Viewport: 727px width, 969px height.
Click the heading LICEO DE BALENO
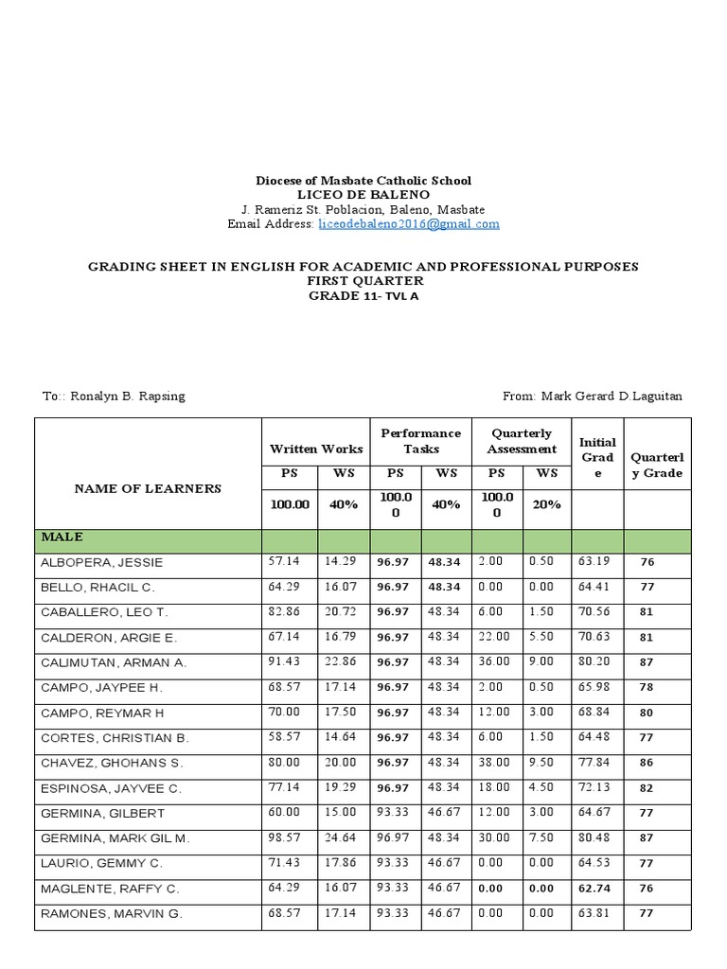[x=363, y=194]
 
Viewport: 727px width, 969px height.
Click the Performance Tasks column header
[x=420, y=441]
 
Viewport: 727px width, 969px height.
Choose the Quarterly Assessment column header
[x=522, y=441]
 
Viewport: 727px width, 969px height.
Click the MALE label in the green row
[x=62, y=537]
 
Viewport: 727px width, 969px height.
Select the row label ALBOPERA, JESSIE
[x=102, y=562]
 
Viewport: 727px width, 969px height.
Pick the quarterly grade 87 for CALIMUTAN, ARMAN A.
[x=647, y=663]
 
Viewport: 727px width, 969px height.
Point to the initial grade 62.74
[x=594, y=889]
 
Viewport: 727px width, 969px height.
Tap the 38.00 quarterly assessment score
[x=495, y=763]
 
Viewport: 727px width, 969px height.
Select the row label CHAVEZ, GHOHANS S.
[x=112, y=763]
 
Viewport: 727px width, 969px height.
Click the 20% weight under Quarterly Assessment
[x=546, y=504]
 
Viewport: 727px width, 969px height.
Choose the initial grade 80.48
[x=594, y=838]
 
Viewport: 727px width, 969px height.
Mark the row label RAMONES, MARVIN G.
[x=110, y=914]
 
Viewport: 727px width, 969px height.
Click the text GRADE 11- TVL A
[x=363, y=296]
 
